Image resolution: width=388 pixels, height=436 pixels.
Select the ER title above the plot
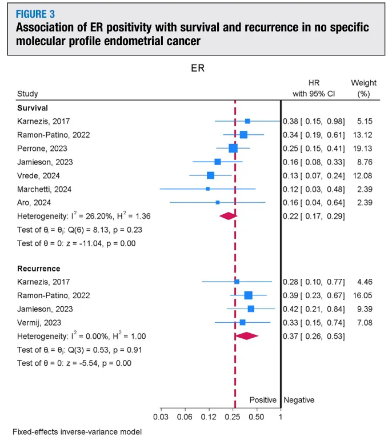click(x=197, y=69)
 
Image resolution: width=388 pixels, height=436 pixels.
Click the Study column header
click(x=28, y=94)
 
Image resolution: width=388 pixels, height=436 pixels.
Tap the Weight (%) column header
click(x=363, y=88)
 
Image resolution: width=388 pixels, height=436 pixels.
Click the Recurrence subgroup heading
click(x=39, y=268)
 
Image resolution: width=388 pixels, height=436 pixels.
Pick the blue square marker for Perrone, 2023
click(x=233, y=148)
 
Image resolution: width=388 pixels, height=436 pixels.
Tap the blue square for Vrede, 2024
click(x=210, y=175)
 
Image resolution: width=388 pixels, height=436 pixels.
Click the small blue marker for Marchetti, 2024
click(x=207, y=189)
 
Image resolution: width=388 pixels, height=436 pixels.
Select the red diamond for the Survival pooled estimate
click(x=228, y=215)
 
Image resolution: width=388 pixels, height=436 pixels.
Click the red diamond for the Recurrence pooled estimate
click(x=247, y=336)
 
